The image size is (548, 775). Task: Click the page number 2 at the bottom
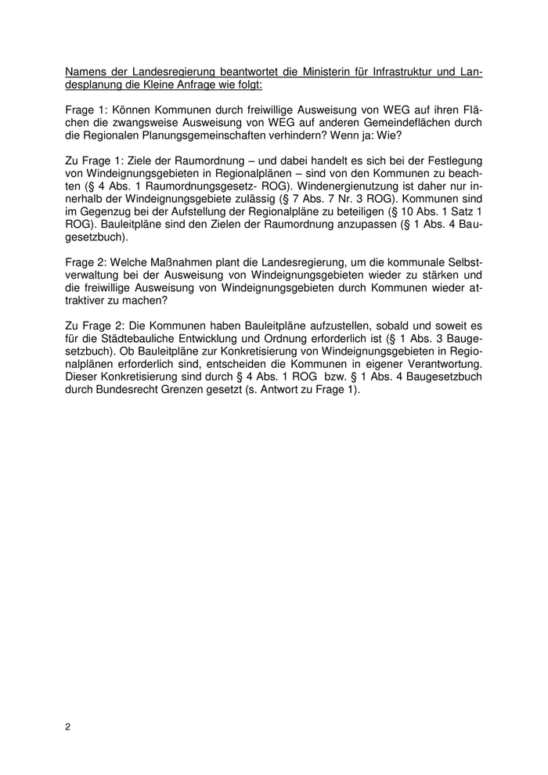point(68,727)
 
